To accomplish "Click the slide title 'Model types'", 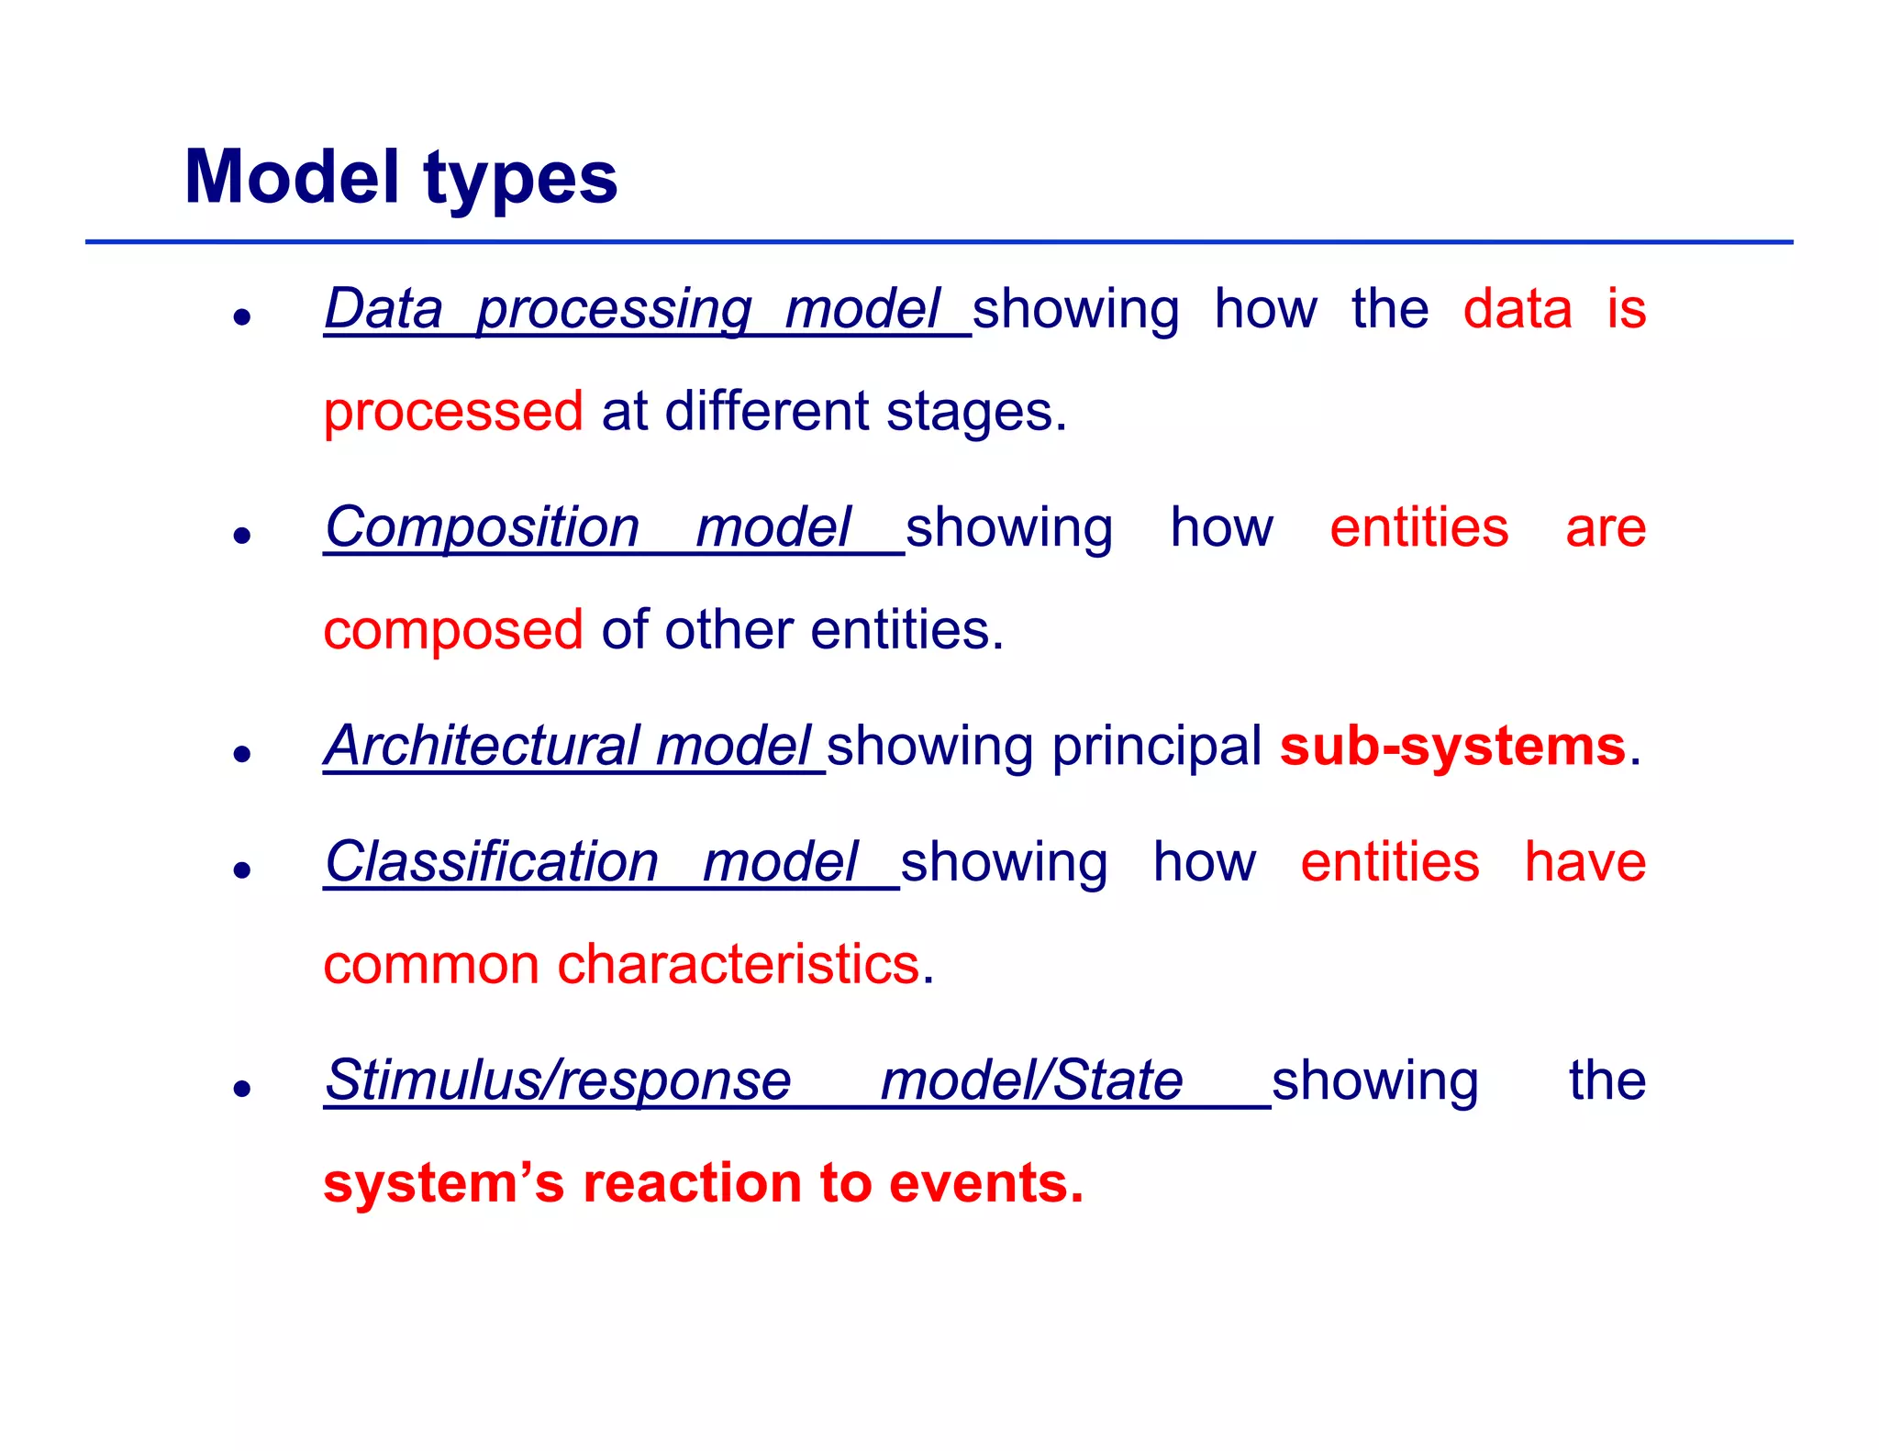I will (401, 177).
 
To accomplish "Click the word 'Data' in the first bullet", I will (384, 309).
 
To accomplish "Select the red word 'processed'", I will (453, 412).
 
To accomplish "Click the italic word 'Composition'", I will (483, 528).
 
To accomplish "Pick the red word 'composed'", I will (453, 631).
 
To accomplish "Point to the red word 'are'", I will (1605, 528).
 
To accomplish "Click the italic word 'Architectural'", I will (483, 746).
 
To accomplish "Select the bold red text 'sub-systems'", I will (1452, 746).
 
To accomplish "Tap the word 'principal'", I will (1156, 746).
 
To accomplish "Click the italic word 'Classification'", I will (492, 863).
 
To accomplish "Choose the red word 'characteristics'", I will (738, 965).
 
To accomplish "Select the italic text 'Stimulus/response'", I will (558, 1080).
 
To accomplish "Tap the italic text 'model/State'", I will (1031, 1080).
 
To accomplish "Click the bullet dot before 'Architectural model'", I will (242, 754).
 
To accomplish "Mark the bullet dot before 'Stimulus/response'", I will (242, 1089).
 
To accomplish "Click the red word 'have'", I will (1584, 863).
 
